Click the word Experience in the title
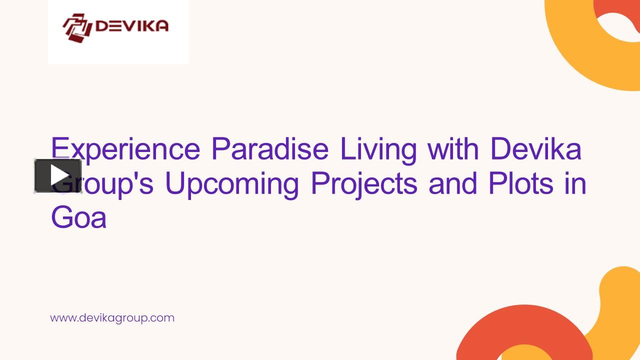[125, 149]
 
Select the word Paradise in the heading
[270, 148]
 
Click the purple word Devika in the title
[535, 148]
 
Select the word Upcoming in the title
[232, 184]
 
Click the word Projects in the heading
[363, 184]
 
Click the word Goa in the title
[78, 218]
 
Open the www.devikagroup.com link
[112, 317]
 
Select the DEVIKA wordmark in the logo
[131, 26]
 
